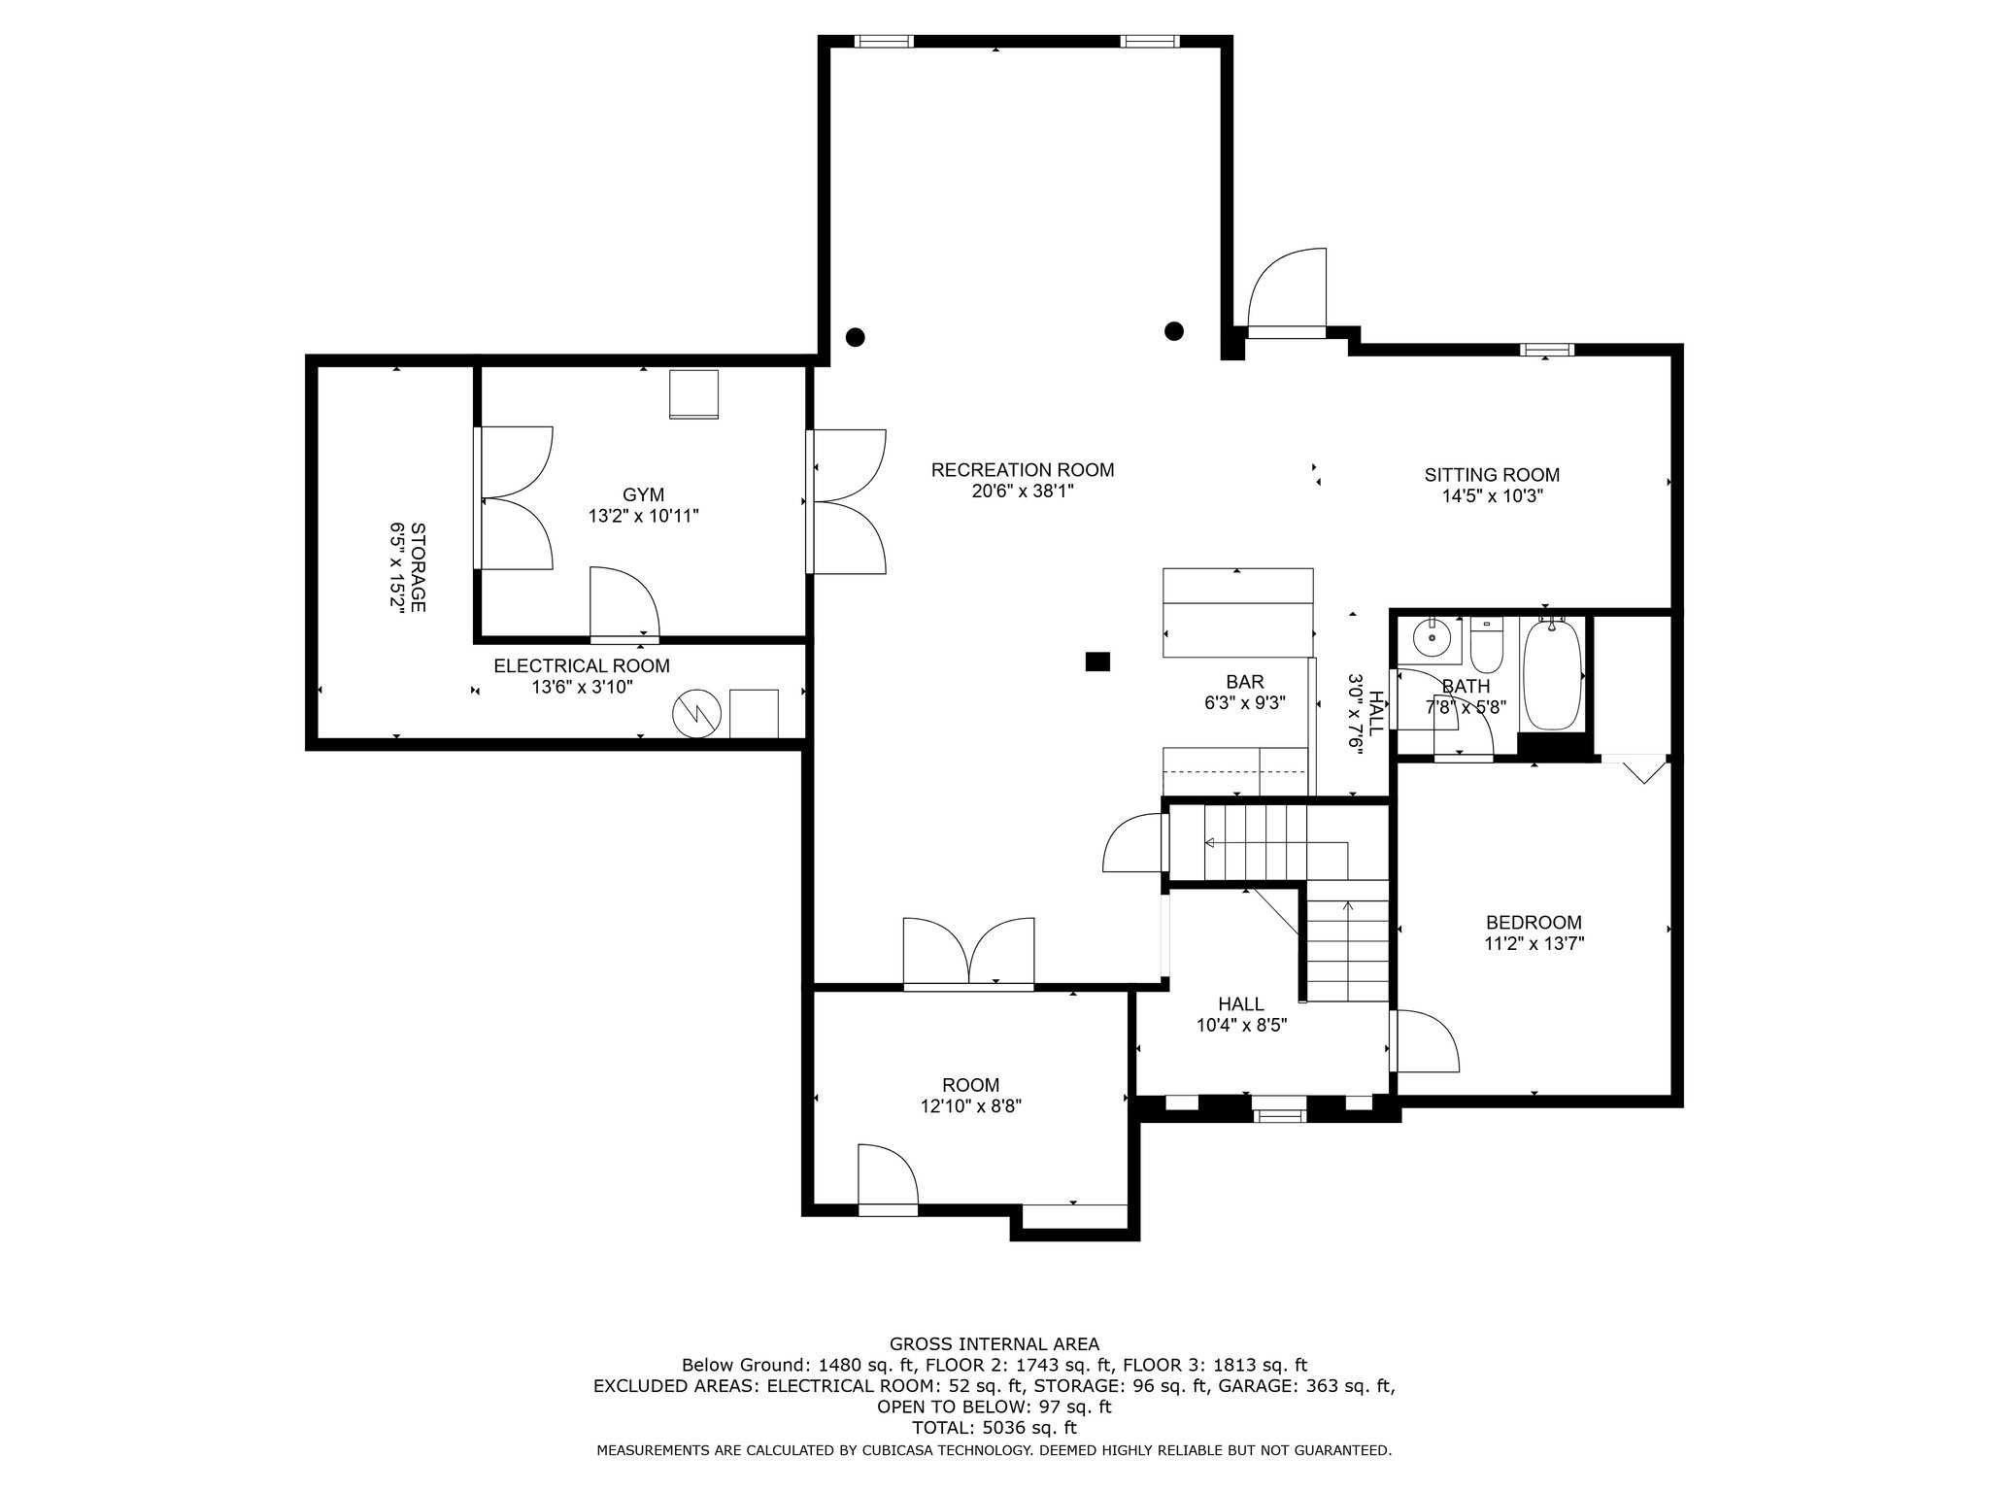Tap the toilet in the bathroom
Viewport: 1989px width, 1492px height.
coord(1486,644)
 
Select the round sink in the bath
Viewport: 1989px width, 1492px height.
coord(1430,637)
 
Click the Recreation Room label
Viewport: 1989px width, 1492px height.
coord(1023,470)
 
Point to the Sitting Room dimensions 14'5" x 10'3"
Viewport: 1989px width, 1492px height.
coord(1493,495)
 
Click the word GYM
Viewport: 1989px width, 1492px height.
coord(644,495)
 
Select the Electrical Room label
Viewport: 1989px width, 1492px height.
coord(582,666)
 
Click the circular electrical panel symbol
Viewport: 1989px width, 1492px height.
coord(697,714)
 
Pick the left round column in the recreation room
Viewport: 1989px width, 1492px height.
coord(855,337)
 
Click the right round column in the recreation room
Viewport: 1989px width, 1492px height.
coord(1174,330)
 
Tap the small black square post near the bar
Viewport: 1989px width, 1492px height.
coord(1097,661)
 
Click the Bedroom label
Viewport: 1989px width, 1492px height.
coord(1534,922)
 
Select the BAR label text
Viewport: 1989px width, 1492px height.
coord(1245,683)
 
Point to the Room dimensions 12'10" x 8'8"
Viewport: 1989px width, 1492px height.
coord(971,1105)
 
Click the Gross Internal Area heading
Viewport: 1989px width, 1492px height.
coord(994,1344)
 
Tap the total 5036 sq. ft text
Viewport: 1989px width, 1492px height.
coord(994,1429)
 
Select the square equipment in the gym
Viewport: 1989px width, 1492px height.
coord(693,394)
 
